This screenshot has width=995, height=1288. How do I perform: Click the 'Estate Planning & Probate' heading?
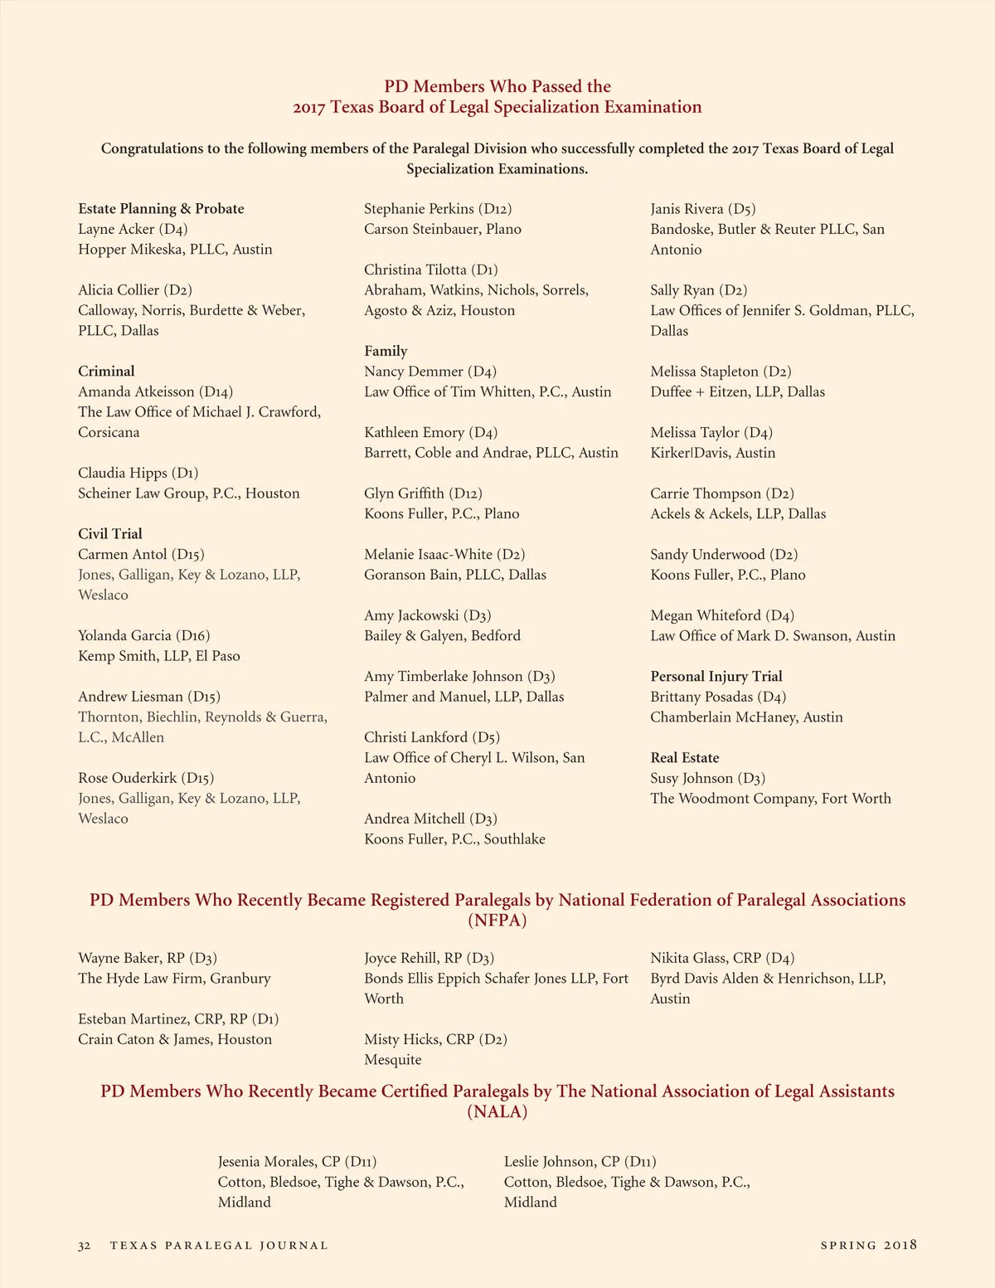click(161, 209)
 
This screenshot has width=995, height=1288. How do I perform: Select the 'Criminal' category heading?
click(106, 372)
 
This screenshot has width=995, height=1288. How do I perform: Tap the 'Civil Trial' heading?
click(110, 534)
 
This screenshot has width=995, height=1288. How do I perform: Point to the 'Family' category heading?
click(386, 351)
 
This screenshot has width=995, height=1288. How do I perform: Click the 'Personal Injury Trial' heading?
click(716, 677)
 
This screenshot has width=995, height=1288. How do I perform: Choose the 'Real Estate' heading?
click(685, 758)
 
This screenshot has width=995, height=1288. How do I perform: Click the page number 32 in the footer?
click(84, 1246)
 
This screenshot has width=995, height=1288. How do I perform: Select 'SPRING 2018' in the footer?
click(868, 1246)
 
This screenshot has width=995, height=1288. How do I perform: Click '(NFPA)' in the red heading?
click(498, 921)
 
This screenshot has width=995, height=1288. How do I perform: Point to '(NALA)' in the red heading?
click(498, 1112)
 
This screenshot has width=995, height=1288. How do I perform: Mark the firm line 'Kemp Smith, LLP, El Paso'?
click(159, 656)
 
